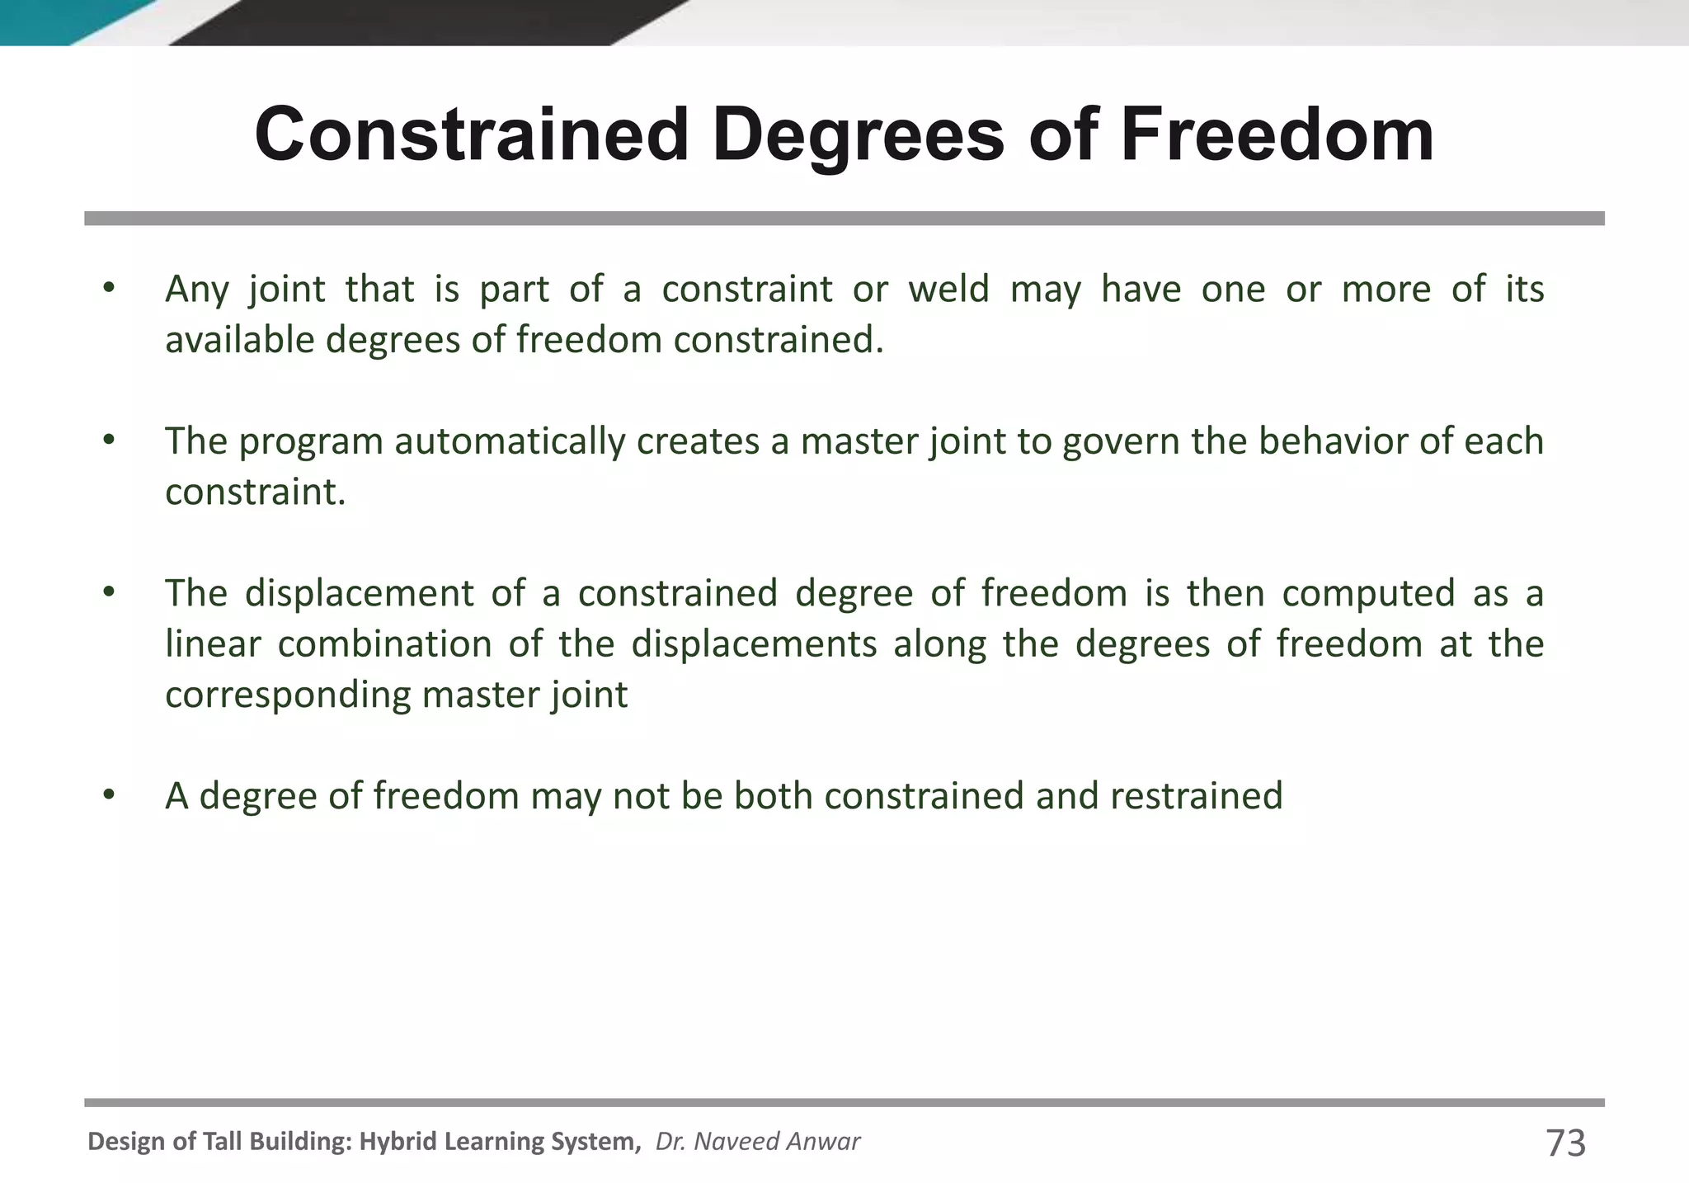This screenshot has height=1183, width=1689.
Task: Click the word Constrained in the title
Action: [471, 134]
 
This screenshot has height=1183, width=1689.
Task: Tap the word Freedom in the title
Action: [1277, 134]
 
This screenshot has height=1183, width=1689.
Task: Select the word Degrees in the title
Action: [863, 136]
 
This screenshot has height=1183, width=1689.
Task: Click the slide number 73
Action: [1565, 1143]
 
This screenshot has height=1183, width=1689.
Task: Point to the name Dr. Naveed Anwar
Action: [757, 1142]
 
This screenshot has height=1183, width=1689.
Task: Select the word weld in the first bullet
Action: [948, 290]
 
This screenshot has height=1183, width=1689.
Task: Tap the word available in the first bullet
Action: [239, 340]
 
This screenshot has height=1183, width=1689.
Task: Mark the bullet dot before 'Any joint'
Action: [109, 290]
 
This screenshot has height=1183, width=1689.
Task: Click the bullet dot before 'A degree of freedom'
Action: [109, 796]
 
